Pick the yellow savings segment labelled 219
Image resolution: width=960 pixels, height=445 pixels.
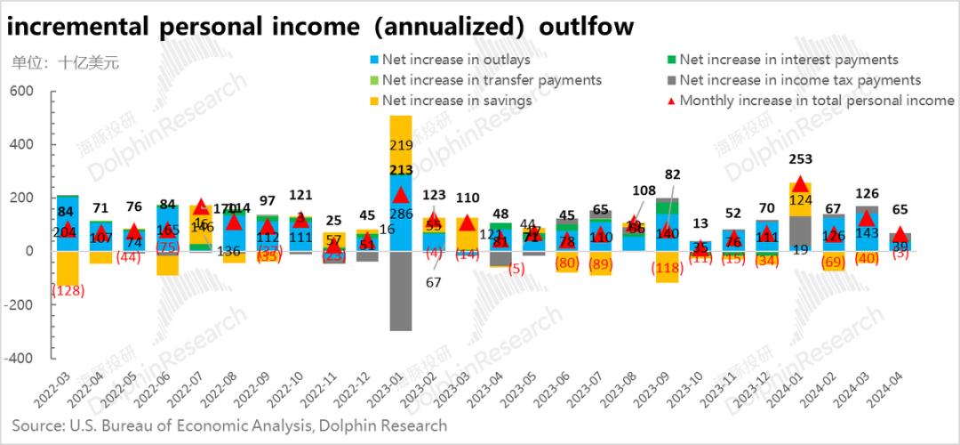[x=401, y=144]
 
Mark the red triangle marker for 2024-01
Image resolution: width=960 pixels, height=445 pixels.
[x=800, y=183]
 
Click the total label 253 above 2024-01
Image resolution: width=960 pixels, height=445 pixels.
[x=800, y=160]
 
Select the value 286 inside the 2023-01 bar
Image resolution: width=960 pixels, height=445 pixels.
[x=401, y=214]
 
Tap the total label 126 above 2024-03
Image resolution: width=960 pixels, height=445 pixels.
[x=867, y=193]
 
